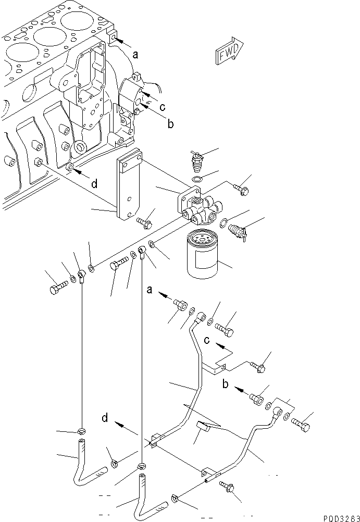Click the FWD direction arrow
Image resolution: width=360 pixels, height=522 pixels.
226,51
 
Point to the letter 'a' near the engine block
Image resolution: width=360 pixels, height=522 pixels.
135,54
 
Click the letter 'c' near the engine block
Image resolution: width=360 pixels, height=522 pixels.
163,107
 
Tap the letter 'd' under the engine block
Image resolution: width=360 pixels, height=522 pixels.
94,183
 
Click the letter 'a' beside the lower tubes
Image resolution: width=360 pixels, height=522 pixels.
150,290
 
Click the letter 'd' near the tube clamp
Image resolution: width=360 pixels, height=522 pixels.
105,418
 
